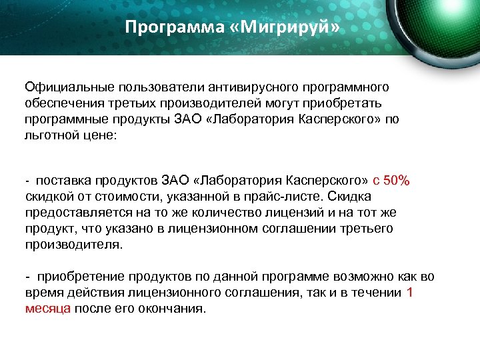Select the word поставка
[x=63, y=181]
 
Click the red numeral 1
[x=409, y=293]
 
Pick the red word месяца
[x=47, y=309]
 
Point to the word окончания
[x=174, y=309]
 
